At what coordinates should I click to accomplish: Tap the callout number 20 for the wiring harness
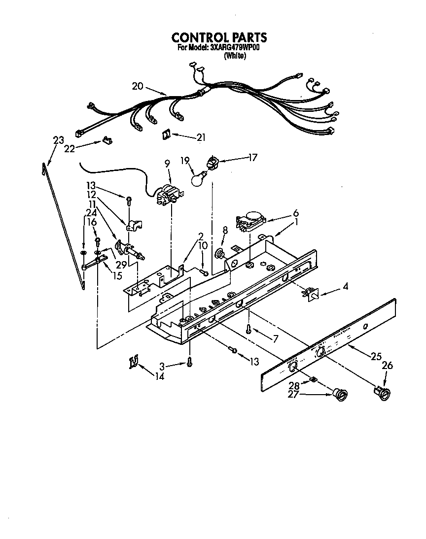138,86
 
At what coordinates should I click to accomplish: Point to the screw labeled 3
189,363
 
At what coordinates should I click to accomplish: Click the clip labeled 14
133,363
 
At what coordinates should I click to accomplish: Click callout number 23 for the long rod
58,140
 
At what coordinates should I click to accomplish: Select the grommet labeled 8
218,253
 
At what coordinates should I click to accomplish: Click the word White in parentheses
235,56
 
